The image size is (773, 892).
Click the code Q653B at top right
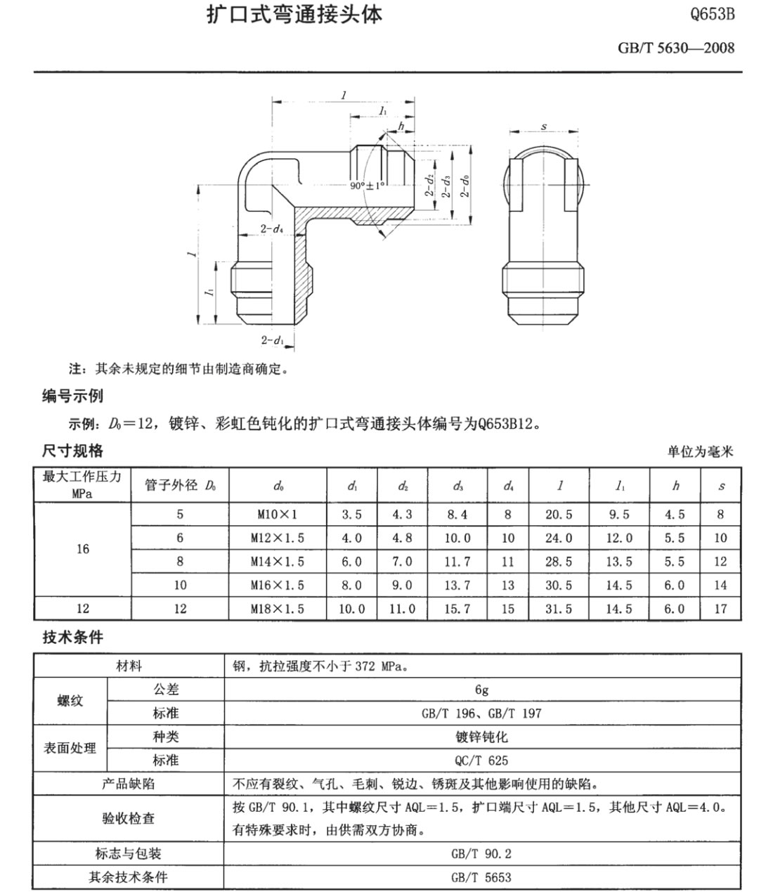pos(712,15)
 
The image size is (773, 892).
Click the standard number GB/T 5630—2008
pos(676,48)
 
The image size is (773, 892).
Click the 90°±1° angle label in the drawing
pos(368,186)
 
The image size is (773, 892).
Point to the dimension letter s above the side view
pos(544,127)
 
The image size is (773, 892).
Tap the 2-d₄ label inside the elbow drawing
pos(271,229)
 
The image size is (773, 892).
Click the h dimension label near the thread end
pos(401,126)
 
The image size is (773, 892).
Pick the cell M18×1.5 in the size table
pos(278,609)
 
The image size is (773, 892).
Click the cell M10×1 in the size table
pos(278,515)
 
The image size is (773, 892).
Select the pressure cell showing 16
pos(83,549)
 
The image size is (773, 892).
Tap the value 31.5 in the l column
pos(559,609)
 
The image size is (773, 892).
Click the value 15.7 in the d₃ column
pos(457,609)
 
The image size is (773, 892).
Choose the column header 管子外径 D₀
pos(180,486)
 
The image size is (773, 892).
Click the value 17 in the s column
pos(720,609)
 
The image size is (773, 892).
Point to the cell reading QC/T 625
pos(481,761)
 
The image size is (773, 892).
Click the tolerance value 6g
pos(481,690)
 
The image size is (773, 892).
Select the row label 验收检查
pos(129,818)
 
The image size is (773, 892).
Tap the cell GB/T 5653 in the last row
pos(481,877)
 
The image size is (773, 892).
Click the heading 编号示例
pos(72,396)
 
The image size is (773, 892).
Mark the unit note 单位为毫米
pos(700,452)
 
